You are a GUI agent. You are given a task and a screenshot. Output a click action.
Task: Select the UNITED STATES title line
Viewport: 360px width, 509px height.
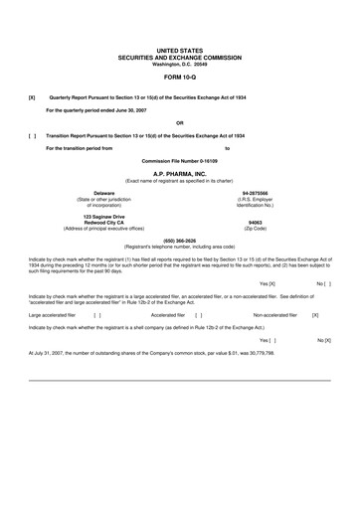[179, 50]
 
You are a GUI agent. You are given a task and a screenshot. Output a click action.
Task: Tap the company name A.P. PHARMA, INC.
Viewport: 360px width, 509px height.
[179, 172]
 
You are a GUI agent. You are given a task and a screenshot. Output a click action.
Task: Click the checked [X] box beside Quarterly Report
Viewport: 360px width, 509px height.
[32, 97]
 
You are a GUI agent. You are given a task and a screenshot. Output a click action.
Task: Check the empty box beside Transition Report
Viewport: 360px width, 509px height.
[32, 134]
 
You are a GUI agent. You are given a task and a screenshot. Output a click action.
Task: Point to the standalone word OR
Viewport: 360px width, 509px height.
[179, 121]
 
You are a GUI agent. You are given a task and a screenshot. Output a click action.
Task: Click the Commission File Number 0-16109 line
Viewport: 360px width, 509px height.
[179, 160]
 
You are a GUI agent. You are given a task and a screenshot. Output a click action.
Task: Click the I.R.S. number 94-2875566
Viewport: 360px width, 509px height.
[257, 192]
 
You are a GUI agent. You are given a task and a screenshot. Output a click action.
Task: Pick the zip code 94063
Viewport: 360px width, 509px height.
[256, 223]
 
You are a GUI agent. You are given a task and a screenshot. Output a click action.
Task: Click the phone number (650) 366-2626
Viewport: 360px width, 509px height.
[179, 240]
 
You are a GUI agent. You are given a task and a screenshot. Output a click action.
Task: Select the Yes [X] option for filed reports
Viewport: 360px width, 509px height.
[267, 283]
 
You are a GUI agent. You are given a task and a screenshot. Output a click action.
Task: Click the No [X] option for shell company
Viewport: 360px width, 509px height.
[323, 339]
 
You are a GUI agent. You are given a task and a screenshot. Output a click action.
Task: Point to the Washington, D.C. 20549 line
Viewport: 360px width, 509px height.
[179, 63]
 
